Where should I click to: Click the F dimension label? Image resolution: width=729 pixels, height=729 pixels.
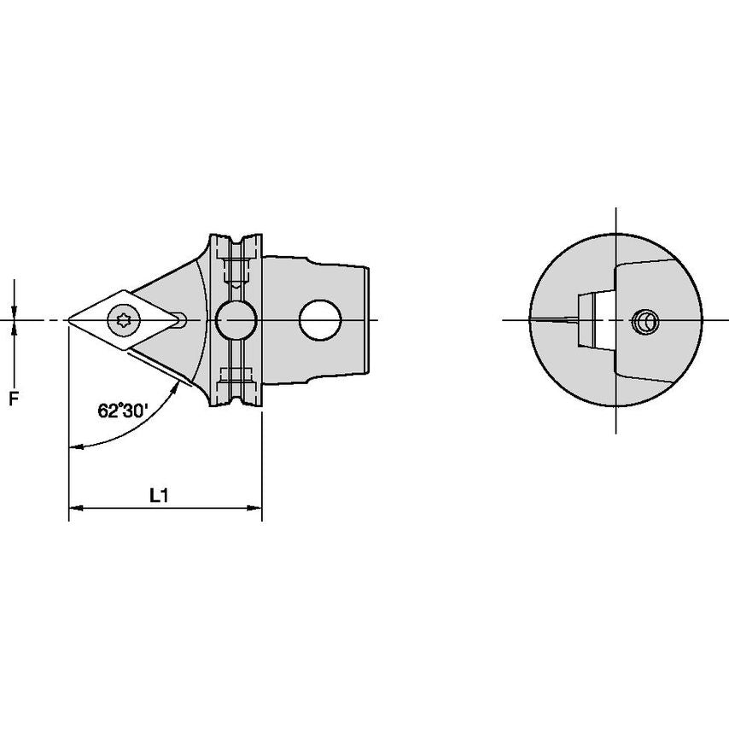(15, 398)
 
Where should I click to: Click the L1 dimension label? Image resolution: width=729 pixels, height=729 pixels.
(159, 496)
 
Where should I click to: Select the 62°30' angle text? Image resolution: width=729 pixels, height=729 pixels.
(123, 411)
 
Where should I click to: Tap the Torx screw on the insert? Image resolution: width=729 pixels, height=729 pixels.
(124, 319)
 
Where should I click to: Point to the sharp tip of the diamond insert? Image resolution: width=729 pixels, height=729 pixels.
(69, 320)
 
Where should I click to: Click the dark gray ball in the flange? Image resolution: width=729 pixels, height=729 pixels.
(236, 320)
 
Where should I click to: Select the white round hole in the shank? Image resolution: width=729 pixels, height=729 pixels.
(320, 320)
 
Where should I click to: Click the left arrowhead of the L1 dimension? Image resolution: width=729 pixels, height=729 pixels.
(76, 508)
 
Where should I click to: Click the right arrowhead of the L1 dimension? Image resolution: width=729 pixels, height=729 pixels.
(254, 508)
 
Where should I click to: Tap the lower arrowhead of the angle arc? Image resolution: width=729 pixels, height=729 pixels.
(76, 446)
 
